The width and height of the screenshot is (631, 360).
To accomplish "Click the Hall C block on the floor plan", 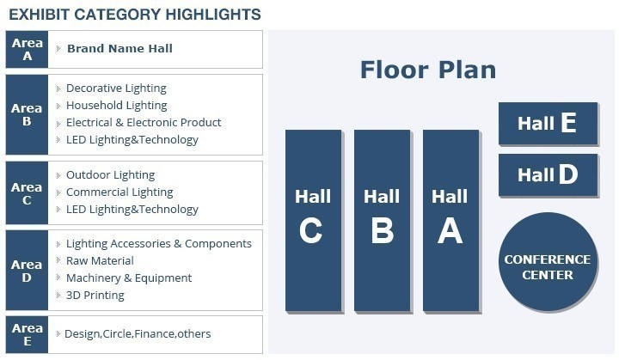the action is tap(314, 221).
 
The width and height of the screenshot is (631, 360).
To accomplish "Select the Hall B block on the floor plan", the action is tap(383, 221).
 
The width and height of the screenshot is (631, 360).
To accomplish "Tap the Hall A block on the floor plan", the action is tap(450, 221).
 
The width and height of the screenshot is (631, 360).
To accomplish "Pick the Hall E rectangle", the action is tap(548, 123).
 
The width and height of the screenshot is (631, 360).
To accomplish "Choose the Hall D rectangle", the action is tap(548, 175).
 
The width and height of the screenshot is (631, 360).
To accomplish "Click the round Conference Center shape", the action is tap(548, 262).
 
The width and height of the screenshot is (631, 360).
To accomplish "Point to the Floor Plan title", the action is tap(428, 70).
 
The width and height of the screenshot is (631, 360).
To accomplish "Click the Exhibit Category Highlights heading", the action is tap(135, 15).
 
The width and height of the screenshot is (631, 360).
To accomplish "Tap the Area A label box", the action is tap(27, 50).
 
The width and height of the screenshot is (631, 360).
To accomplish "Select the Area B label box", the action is tap(27, 114).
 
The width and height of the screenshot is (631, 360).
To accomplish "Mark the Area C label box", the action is tap(27, 193).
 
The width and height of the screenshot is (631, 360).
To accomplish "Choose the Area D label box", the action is tap(27, 271).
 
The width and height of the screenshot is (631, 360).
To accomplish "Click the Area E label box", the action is tap(27, 335).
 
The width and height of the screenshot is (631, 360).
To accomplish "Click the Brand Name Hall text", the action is tap(119, 49).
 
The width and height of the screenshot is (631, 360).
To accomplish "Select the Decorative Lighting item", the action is tap(116, 88).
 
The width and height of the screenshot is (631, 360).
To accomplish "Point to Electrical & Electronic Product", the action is tap(144, 122).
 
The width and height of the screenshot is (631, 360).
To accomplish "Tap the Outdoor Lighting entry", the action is tap(111, 175).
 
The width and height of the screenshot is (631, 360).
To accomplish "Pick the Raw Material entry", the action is tap(100, 260).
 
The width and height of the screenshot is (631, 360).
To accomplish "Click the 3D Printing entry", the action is tap(95, 296).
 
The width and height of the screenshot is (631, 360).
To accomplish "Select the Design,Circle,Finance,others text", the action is tap(138, 334).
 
